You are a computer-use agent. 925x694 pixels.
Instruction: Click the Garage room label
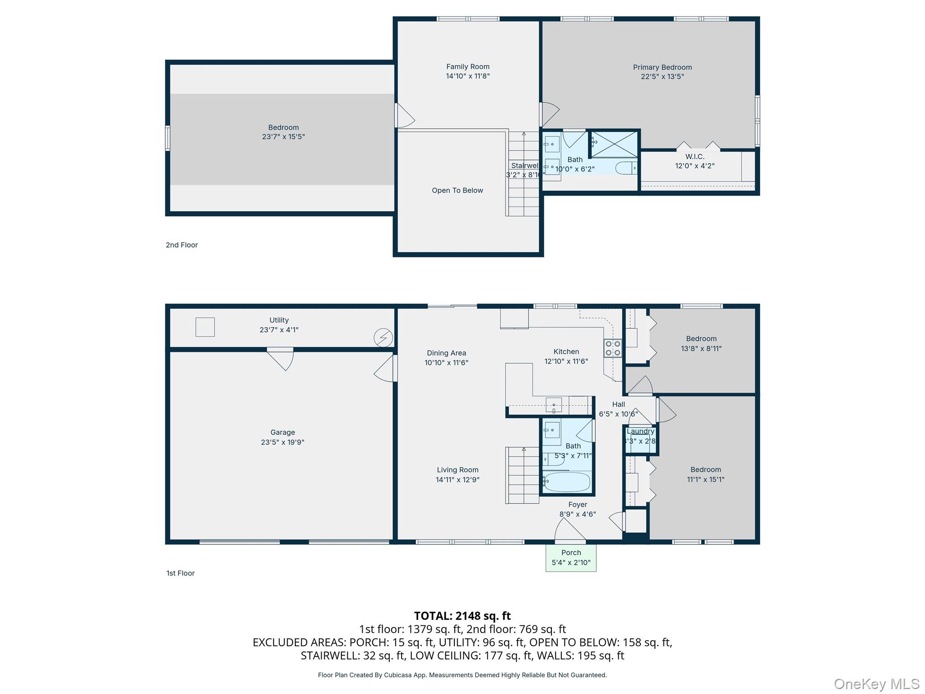[282, 432]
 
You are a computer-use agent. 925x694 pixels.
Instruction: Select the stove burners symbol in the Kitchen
[612, 348]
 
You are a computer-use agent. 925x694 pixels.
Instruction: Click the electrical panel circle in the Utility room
[383, 338]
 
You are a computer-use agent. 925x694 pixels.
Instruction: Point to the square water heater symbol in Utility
[205, 327]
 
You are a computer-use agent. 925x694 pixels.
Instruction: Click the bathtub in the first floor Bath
[567, 482]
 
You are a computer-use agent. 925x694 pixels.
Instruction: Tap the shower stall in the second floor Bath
[615, 144]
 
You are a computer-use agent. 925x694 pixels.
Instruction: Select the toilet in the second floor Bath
[626, 168]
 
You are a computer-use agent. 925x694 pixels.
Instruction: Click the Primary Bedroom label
[662, 67]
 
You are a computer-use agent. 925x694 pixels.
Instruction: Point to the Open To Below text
[457, 190]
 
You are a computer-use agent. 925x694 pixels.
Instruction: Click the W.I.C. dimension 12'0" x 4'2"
[695, 166]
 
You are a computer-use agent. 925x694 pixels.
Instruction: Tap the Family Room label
[467, 66]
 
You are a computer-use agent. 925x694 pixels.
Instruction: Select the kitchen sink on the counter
[554, 404]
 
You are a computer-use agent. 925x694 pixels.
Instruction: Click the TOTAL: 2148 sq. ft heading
[462, 616]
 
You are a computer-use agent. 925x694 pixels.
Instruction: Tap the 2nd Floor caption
[182, 245]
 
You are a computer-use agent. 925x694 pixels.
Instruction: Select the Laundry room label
[640, 431]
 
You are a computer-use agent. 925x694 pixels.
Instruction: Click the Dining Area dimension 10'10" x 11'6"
[446, 362]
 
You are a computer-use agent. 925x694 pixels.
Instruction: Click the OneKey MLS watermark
[876, 684]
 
